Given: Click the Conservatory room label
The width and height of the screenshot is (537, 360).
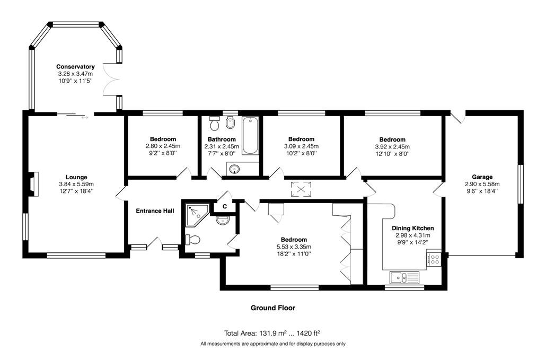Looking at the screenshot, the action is click(75, 66).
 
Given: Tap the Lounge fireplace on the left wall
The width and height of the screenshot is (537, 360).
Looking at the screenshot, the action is click(33, 184).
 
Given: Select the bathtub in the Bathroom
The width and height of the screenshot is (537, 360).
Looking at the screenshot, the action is click(250, 136).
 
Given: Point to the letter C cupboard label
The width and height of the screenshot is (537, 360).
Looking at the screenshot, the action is click(225, 207).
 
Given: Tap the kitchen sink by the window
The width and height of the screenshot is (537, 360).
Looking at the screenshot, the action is click(404, 277).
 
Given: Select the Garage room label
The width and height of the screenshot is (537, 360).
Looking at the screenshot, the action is click(482, 177).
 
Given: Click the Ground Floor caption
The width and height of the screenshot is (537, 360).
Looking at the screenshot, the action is click(273, 308).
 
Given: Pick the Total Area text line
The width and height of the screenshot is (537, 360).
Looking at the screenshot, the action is click(272, 333).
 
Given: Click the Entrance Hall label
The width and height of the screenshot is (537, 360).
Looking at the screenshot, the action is click(155, 210).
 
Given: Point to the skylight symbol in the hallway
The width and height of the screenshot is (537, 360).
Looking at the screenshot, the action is click(301, 189).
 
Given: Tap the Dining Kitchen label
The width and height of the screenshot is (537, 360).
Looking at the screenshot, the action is click(412, 228).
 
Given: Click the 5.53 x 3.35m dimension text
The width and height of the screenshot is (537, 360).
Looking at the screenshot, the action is click(294, 247).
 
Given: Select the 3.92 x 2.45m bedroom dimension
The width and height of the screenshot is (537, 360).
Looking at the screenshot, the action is click(392, 147).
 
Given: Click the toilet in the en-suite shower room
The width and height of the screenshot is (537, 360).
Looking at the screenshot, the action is click(192, 240).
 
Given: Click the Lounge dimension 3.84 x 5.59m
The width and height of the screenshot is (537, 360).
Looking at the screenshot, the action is click(76, 185).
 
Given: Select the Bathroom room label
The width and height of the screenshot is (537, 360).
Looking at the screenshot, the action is click(222, 139).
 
